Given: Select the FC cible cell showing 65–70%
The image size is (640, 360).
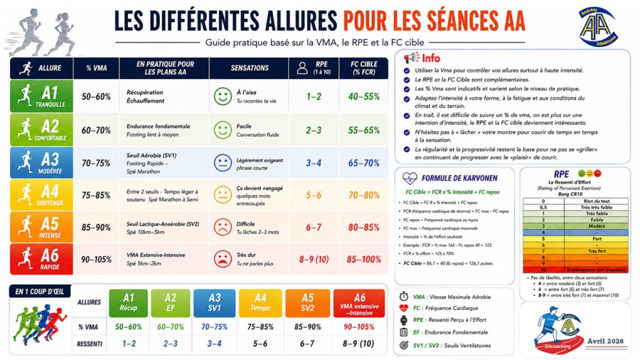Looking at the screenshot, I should pos(363,163).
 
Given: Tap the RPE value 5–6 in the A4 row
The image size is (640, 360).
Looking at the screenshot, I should pos(314,195).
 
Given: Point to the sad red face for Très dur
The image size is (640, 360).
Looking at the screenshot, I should pos(223,259).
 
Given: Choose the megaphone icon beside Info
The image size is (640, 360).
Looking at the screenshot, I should pos(410,58).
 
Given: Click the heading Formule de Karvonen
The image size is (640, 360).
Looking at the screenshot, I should pos(459,178).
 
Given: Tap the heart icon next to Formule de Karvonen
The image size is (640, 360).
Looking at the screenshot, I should pos(410,178).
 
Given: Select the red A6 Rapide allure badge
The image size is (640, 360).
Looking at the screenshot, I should pos(39,259).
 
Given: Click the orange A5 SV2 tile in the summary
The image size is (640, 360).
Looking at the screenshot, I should pos(307,303).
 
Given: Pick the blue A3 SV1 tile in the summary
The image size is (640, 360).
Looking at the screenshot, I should pos(214,303).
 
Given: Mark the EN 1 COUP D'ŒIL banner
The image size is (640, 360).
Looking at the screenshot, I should pos(41,291).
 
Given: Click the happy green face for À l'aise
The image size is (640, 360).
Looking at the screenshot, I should pos(223,96).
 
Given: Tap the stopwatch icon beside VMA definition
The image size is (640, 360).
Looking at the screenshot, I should pos(404,296).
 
